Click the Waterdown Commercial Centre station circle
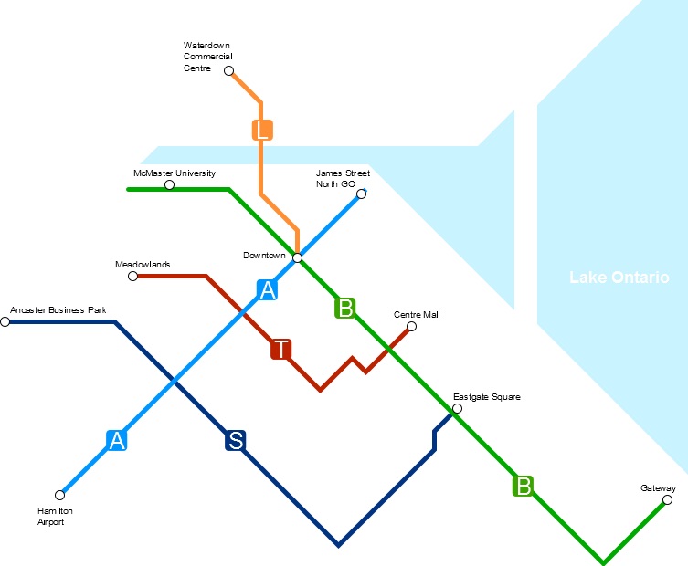coord(228,70)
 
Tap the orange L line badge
coord(263,130)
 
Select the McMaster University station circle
coord(169,185)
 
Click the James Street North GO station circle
coord(361,194)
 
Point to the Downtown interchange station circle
coord(297,257)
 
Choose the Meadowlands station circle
coord(132,276)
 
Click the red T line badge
coord(281,349)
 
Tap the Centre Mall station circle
coord(411,327)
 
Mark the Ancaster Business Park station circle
coord(5,321)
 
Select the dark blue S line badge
coord(236,441)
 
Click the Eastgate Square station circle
coord(457,408)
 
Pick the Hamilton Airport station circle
coord(60,495)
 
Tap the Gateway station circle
coord(667,499)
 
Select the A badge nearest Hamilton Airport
coord(116,440)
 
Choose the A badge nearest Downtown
coord(267,290)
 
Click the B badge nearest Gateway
coord(523,485)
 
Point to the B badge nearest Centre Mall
coord(345,308)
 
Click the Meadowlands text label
coord(143,264)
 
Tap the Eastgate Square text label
coord(487,397)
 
